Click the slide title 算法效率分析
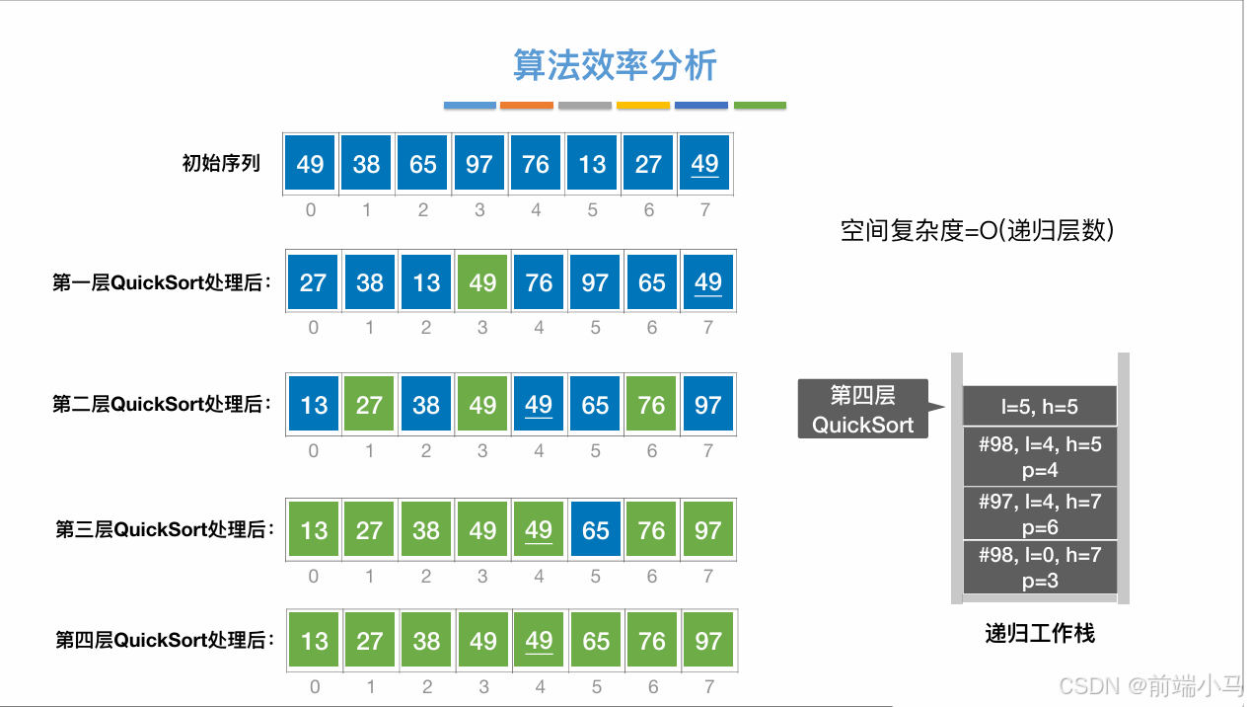coord(616,65)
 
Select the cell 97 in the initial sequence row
coord(478,164)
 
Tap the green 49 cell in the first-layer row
coord(482,283)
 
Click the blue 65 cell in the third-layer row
coord(595,530)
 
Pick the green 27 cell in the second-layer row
coord(369,405)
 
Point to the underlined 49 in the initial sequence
coord(704,164)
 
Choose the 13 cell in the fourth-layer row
coord(314,641)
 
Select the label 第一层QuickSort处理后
coord(162,283)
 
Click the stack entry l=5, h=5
coord(1040,406)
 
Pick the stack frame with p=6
coord(1040,513)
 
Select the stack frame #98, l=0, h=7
coord(1040,568)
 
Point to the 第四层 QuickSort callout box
coord(862,410)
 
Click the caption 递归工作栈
coord(1040,633)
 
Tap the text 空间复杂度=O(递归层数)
coord(977,231)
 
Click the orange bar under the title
coord(527,105)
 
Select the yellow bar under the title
coord(643,105)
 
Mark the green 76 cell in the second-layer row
coord(651,405)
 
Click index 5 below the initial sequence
coord(592,209)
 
